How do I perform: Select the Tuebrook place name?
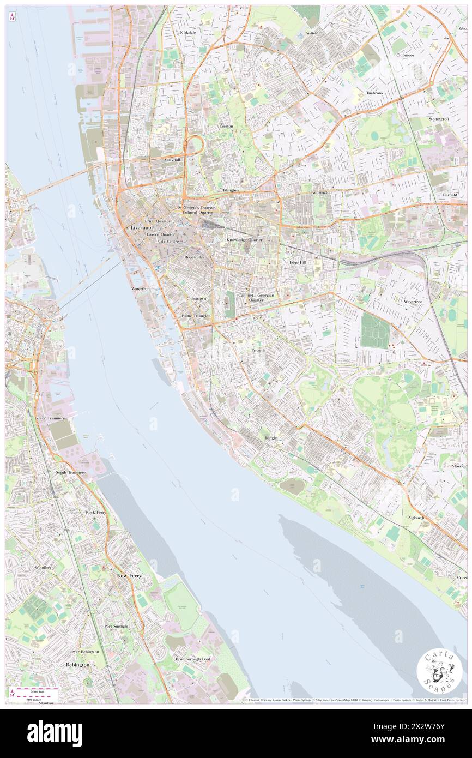pos(374,93)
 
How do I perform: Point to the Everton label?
pos(226,126)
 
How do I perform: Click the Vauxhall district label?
pos(174,160)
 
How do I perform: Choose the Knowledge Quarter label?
pos(245,240)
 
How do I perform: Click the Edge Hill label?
pos(298,262)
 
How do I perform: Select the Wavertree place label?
pos(413,301)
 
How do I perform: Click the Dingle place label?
pos(271,438)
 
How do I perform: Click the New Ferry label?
pos(130,576)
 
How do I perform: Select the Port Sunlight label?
pos(116,627)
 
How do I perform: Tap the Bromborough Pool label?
pos(192,659)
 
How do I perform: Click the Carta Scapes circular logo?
pos(439,671)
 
